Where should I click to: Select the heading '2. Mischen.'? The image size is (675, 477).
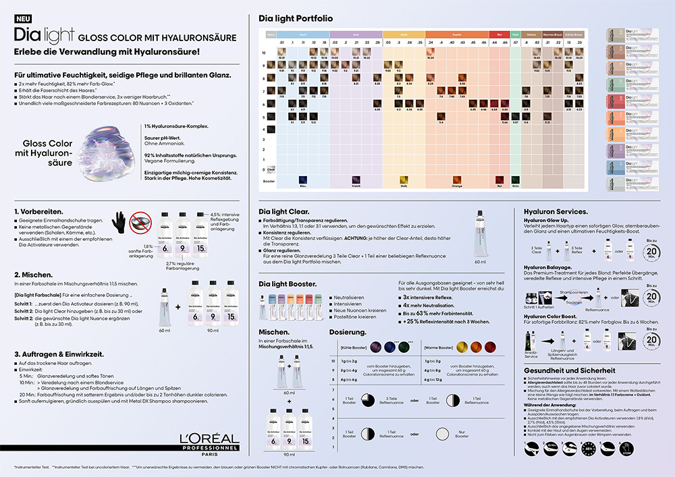tap(33, 275)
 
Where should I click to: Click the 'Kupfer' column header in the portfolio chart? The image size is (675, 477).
tap(458, 34)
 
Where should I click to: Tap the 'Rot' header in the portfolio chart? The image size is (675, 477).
tap(500, 34)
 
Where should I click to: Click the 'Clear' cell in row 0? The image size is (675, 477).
tap(271, 169)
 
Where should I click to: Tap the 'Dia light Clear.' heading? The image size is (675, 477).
tap(282, 211)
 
